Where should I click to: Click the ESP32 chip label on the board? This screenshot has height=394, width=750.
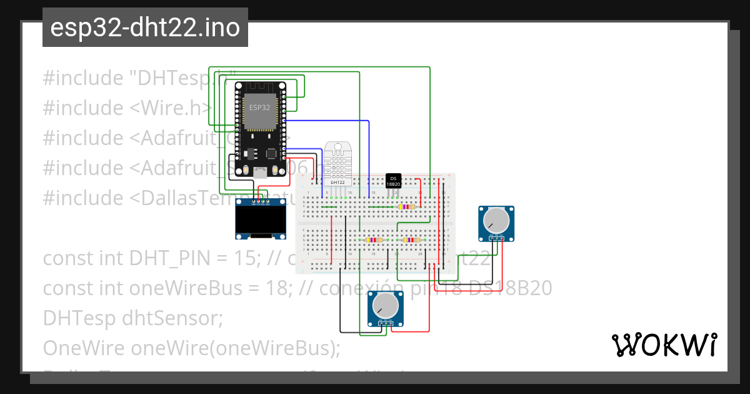pos(260,108)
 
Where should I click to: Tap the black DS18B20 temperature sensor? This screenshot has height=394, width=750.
pos(393,181)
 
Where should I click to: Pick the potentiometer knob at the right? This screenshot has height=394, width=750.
pos(496,220)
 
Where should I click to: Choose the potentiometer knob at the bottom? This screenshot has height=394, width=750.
pos(385,306)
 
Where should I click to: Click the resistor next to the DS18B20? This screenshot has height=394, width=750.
pos(407,206)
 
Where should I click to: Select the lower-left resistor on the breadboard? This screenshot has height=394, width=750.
pos(374,240)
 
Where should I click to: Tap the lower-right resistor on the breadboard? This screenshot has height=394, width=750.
pos(411,240)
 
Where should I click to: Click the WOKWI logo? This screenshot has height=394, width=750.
pos(664,345)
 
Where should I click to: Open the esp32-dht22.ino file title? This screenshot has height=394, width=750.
pos(145,28)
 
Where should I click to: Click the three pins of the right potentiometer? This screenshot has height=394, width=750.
pos(497,238)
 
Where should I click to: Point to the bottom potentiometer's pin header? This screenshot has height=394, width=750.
pos(385,323)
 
